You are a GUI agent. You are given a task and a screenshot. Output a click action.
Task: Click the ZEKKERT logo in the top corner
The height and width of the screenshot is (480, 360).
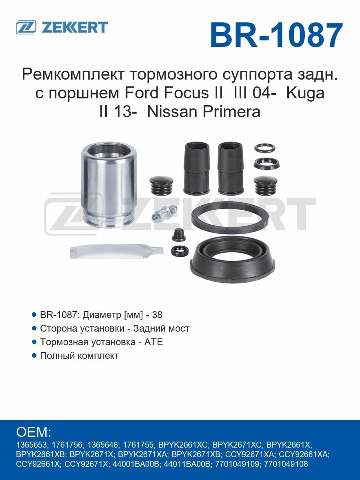tap(62, 27)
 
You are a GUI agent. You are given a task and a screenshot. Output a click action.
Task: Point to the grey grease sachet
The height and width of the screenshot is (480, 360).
tap(116, 250)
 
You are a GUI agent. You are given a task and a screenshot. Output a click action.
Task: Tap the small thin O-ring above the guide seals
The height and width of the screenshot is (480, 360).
tap(265, 148)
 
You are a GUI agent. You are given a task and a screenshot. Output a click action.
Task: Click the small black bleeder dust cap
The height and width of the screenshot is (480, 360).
tap(178, 235)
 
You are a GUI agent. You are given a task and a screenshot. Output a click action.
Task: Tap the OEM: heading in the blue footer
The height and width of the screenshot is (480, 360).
tap(34, 432)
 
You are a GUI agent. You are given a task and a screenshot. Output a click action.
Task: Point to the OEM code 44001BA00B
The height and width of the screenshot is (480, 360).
tap(138, 464)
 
